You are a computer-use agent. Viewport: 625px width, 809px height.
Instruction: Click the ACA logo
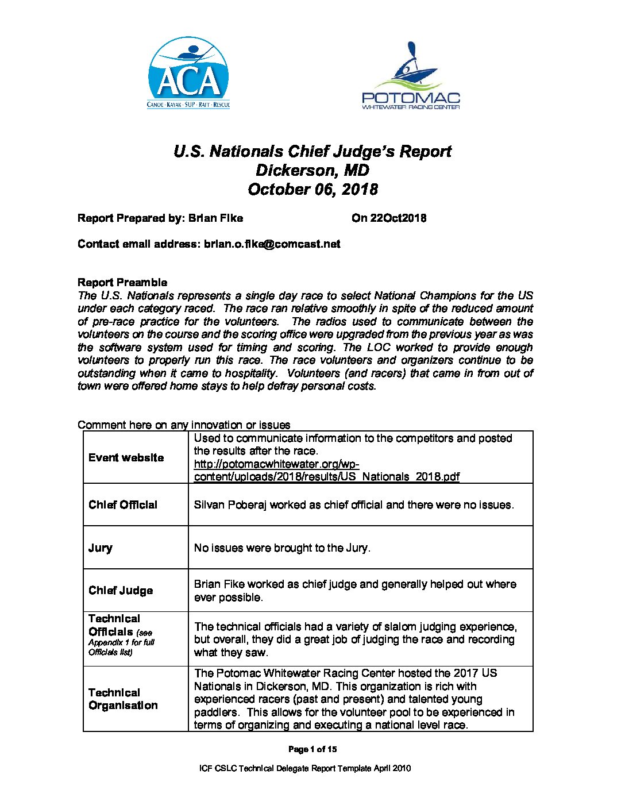pyautogui.click(x=188, y=73)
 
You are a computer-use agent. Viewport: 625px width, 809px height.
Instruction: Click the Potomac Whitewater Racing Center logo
pyautogui.click(x=411, y=76)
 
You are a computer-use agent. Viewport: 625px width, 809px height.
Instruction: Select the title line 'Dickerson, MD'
pyautogui.click(x=312, y=171)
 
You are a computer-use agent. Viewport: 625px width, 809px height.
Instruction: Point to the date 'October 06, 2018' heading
pyautogui.click(x=312, y=190)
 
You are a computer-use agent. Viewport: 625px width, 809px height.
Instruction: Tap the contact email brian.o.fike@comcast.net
pyautogui.click(x=272, y=244)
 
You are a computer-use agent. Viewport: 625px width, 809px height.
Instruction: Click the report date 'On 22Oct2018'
pyautogui.click(x=389, y=218)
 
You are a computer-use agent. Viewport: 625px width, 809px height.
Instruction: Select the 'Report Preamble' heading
pyautogui.click(x=122, y=283)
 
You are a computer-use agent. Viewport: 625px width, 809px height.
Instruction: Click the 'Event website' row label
pyautogui.click(x=126, y=458)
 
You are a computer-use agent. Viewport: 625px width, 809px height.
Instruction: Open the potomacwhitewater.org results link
pyautogui.click(x=326, y=471)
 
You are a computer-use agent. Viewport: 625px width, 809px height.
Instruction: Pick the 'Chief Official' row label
pyautogui.click(x=123, y=505)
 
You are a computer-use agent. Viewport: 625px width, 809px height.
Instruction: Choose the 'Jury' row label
pyautogui.click(x=101, y=548)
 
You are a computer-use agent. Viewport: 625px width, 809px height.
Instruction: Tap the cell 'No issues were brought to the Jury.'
pyautogui.click(x=282, y=548)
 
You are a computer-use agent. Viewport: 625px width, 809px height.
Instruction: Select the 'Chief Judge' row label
pyautogui.click(x=121, y=591)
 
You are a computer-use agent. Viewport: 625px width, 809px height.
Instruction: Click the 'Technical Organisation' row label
pyautogui.click(x=123, y=699)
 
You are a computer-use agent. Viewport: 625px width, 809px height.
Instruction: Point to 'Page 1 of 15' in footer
pyautogui.click(x=312, y=749)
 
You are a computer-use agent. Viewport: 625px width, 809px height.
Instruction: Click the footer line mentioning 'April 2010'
pyautogui.click(x=304, y=768)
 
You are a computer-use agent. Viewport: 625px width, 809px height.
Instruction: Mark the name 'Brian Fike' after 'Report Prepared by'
pyautogui.click(x=215, y=218)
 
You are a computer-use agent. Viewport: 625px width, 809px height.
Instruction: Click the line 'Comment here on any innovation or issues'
pyautogui.click(x=184, y=425)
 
